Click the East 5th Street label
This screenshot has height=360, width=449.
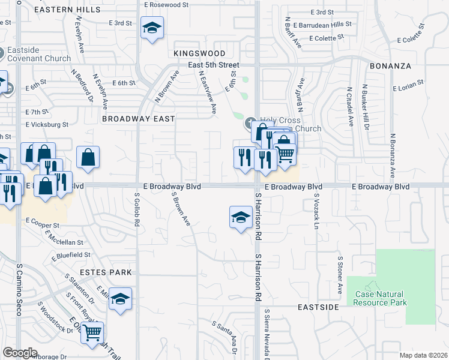click(213, 65)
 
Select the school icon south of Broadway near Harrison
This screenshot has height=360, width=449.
click(240, 217)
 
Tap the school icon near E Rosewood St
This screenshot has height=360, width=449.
click(152, 27)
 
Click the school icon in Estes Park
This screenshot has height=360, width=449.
click(120, 298)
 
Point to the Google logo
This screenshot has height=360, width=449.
click(20, 353)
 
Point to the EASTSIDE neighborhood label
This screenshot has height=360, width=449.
click(319, 307)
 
